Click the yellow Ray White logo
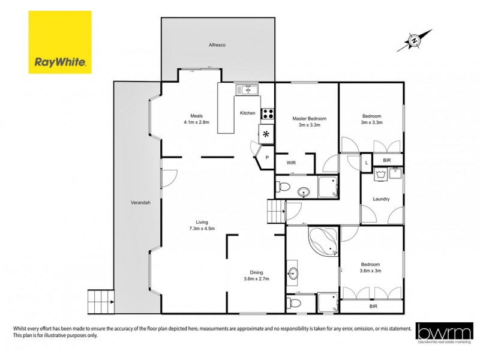(x=60, y=42)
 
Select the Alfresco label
(x=217, y=45)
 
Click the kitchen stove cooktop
(x=266, y=113)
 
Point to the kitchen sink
(x=247, y=90)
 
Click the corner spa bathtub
(x=324, y=240)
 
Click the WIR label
(x=291, y=163)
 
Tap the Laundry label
(x=381, y=199)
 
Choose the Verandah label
(x=140, y=202)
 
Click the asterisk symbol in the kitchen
(x=266, y=133)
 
